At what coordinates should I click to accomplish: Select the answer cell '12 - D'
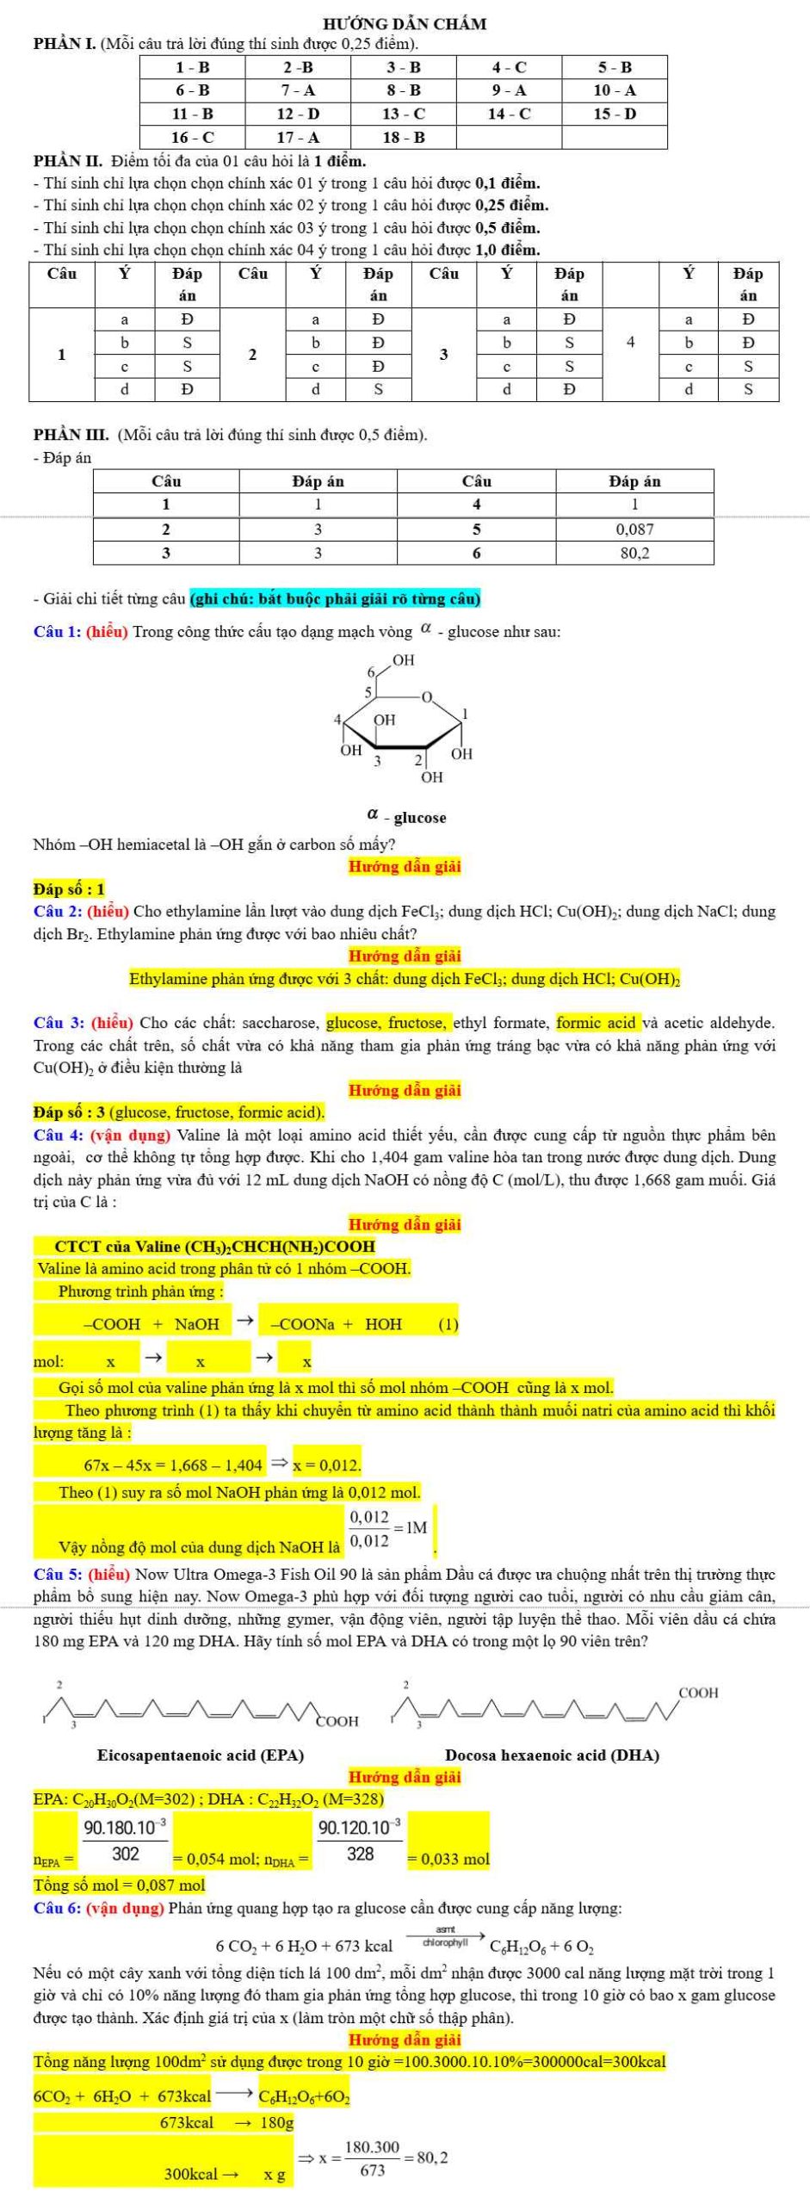[298, 114]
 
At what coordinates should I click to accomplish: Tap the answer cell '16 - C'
[192, 137]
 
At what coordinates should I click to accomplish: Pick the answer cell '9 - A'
[510, 90]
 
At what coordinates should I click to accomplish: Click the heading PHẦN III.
[71, 435]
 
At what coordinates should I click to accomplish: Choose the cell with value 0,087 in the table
[635, 529]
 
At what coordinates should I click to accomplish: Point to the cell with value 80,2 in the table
[635, 553]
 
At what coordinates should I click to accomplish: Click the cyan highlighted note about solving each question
[335, 597]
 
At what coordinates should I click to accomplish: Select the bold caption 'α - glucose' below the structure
[406, 817]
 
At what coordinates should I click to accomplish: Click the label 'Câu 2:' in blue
[57, 911]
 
